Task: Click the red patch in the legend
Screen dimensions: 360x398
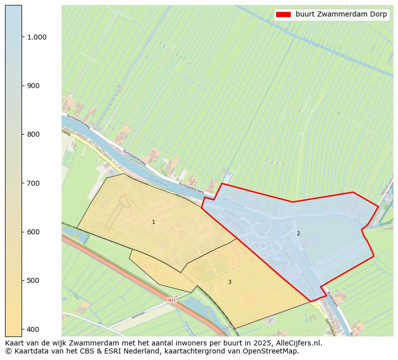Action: click(x=283, y=15)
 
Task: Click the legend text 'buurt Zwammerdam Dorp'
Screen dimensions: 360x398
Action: click(x=341, y=15)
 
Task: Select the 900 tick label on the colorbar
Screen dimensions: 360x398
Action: click(x=33, y=86)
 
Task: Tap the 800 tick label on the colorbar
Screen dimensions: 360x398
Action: click(x=33, y=134)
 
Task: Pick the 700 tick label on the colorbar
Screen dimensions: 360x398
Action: click(x=33, y=183)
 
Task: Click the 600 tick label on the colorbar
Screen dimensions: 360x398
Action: click(x=33, y=232)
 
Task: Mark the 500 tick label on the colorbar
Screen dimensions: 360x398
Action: click(x=33, y=280)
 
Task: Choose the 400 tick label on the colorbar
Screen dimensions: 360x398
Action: click(x=33, y=329)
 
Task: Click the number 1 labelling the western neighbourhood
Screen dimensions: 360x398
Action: click(x=153, y=222)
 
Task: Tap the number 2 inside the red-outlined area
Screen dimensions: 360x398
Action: click(x=298, y=233)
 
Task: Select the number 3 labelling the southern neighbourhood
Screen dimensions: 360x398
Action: click(x=230, y=282)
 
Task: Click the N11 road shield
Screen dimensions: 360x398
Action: click(x=172, y=300)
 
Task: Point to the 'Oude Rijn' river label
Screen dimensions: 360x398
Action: click(x=157, y=180)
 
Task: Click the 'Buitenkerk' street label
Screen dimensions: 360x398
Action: click(x=333, y=299)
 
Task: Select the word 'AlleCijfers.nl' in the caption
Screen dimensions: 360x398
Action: click(x=298, y=343)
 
